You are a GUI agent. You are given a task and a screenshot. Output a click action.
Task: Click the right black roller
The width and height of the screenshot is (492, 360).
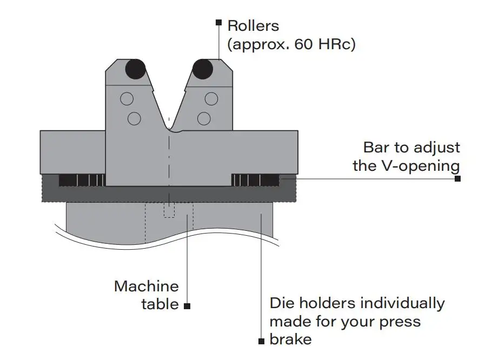pyautogui.click(x=203, y=69)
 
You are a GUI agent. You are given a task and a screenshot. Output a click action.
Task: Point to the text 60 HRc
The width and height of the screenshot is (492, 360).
pyautogui.click(x=324, y=44)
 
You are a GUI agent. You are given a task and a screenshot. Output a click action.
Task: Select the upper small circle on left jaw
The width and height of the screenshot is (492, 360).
pyautogui.click(x=127, y=99)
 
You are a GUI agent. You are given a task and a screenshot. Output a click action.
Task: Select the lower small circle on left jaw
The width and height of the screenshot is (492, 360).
pyautogui.click(x=134, y=118)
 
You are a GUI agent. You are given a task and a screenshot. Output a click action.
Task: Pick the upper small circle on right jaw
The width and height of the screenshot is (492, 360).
pyautogui.click(x=211, y=99)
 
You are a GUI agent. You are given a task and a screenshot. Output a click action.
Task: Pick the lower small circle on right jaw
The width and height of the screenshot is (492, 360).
pyautogui.click(x=204, y=118)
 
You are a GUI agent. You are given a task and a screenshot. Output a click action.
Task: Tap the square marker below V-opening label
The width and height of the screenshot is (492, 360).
pyautogui.click(x=457, y=179)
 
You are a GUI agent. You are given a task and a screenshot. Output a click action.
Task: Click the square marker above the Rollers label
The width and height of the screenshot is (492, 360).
pyautogui.click(x=218, y=23)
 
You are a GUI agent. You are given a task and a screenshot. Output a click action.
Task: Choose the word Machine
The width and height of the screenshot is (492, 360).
pyautogui.click(x=146, y=286)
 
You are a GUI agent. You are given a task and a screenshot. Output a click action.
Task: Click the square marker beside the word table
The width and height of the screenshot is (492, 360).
pyautogui.click(x=187, y=306)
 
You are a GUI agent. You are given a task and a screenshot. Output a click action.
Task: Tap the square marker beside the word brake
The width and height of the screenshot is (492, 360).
pyautogui.click(x=261, y=341)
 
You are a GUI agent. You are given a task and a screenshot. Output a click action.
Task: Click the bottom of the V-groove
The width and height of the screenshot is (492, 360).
pyautogui.click(x=169, y=130)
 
